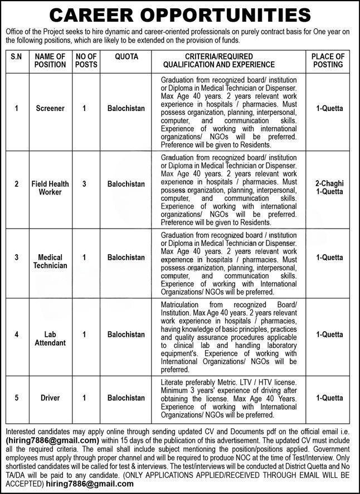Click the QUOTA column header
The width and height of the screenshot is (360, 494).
(x=126, y=57)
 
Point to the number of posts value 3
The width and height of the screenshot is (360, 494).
(x=84, y=183)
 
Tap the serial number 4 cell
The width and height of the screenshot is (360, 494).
(x=17, y=335)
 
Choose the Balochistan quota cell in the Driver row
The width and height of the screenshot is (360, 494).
(x=126, y=398)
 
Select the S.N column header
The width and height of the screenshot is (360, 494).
(x=17, y=57)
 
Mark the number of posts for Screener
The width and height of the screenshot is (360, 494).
(x=84, y=108)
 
